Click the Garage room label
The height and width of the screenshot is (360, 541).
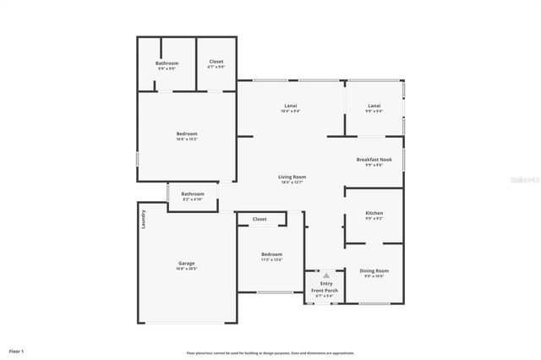coord(186,264)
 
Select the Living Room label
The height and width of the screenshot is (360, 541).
coord(291,177)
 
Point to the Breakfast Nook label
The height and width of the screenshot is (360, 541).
coord(374,160)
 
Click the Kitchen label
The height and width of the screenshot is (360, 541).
coord(374,213)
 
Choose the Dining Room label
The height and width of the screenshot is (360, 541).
coord(374,270)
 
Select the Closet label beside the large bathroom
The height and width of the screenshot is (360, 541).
coord(216,62)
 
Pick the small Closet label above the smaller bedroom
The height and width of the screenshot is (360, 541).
coord(260,219)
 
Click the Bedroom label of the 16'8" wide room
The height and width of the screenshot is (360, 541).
coord(187,134)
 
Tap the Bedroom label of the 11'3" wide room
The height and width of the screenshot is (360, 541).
coord(271,254)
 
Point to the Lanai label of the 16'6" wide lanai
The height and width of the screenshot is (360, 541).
coord(291,106)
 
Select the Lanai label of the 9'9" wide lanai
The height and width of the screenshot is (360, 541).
coord(374,106)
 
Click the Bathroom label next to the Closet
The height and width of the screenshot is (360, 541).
coord(167,63)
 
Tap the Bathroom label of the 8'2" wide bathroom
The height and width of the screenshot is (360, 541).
coord(194,194)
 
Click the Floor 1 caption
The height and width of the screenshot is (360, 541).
coord(17,351)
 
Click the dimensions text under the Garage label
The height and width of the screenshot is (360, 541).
coord(186,270)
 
